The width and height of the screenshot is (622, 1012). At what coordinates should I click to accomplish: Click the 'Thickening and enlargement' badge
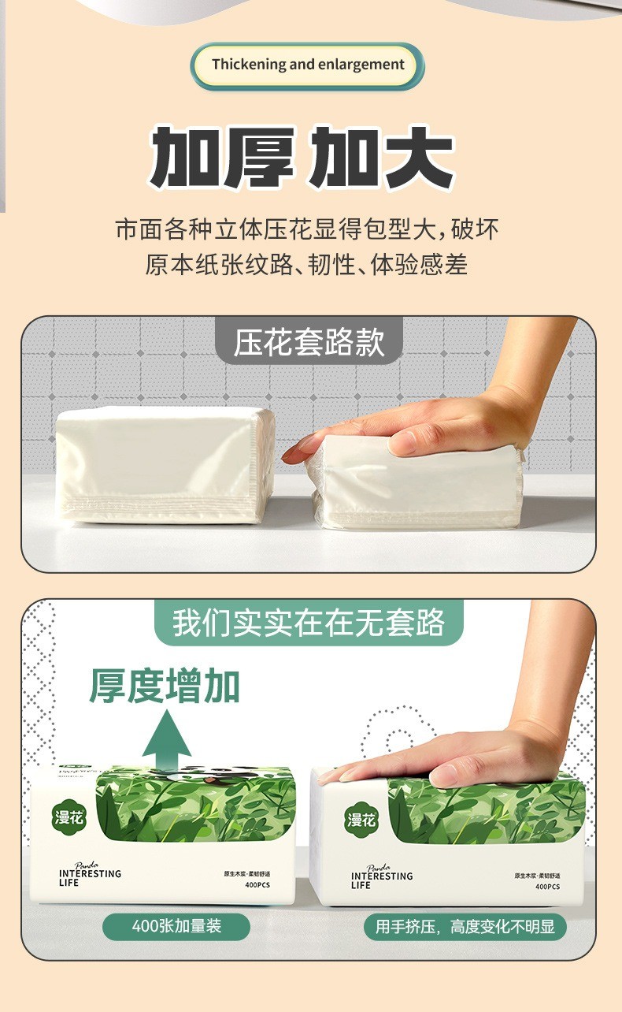tap(308, 65)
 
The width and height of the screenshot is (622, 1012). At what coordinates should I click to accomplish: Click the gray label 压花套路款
tap(309, 343)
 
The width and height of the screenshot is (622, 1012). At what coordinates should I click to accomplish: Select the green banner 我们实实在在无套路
tap(309, 623)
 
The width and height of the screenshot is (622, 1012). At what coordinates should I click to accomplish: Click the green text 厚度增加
tap(165, 686)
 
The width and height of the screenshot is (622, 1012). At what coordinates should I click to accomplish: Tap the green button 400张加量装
tap(176, 925)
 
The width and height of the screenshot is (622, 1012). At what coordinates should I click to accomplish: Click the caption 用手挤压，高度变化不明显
tap(465, 926)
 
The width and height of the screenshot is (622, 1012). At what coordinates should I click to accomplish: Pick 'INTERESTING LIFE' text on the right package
tap(381, 880)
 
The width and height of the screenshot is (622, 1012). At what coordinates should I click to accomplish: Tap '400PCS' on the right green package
tap(547, 887)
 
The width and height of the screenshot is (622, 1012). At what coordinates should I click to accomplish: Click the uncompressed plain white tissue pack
tap(165, 465)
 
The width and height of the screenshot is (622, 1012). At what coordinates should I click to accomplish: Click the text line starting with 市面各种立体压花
tap(307, 229)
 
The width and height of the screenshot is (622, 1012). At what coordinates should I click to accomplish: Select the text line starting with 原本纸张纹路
tap(307, 264)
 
